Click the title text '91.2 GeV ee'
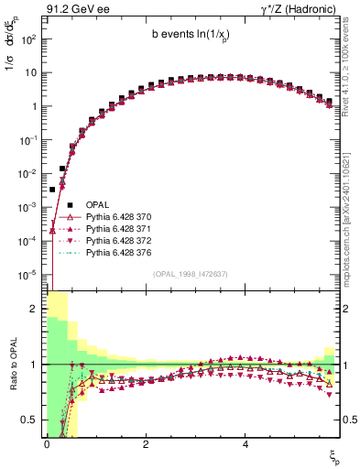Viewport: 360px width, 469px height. (72, 11)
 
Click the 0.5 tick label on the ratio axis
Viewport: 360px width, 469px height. (31, 420)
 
